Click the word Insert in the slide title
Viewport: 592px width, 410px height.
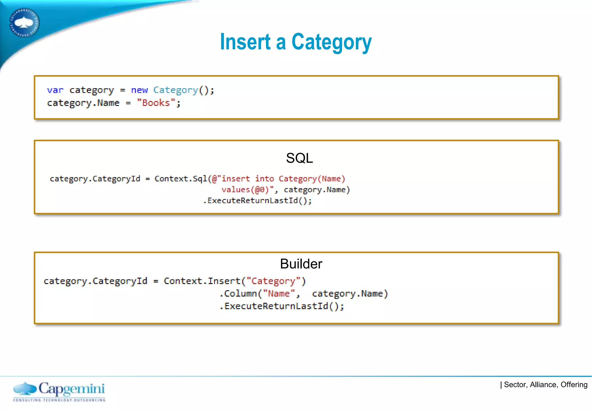click(x=245, y=42)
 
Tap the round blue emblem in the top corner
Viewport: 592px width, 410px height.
click(x=24, y=23)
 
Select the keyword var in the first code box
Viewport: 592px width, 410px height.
click(x=55, y=90)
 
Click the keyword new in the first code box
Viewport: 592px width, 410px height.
click(x=139, y=90)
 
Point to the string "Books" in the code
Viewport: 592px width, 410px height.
click(x=156, y=103)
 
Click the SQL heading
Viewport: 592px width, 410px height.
click(x=299, y=158)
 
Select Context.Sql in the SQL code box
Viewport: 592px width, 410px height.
click(x=180, y=179)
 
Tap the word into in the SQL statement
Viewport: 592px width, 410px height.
click(x=264, y=179)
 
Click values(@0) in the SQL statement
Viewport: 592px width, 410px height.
click(x=245, y=190)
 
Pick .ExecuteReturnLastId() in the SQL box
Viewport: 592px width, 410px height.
click(x=257, y=201)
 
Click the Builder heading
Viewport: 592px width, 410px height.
click(x=301, y=264)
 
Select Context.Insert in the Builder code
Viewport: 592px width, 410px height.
click(x=202, y=281)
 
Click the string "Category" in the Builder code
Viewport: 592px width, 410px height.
click(x=273, y=281)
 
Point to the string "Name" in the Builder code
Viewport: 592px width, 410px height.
click(x=279, y=294)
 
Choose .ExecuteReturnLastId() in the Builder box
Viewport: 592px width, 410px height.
click(x=281, y=306)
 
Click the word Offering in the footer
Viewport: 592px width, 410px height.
click(x=574, y=385)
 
